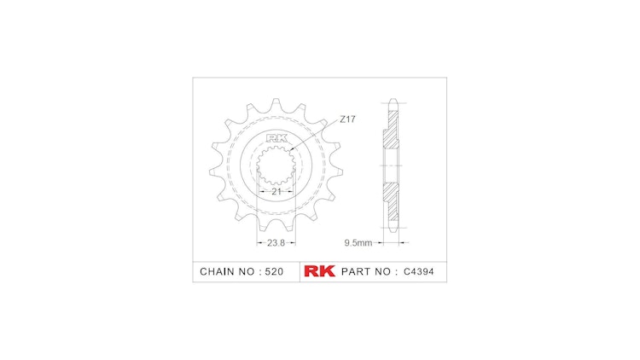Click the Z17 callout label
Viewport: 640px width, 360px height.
(x=347, y=119)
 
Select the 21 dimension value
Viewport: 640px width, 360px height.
(x=276, y=192)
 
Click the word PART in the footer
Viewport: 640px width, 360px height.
(x=355, y=272)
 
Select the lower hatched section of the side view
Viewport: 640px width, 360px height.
(x=391, y=200)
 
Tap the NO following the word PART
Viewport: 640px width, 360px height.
(x=382, y=272)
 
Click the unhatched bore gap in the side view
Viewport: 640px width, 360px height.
(x=391, y=167)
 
